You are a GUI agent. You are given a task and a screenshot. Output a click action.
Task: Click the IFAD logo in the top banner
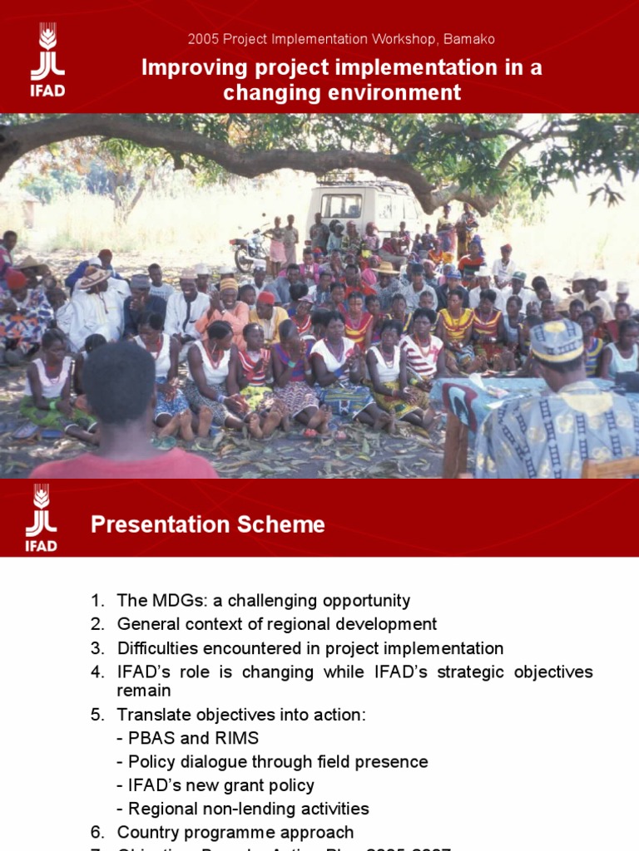pyautogui.click(x=47, y=61)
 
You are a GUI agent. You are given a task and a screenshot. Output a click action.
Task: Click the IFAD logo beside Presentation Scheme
pyautogui.click(x=41, y=519)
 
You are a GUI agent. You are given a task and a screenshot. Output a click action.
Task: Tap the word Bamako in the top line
pyautogui.click(x=468, y=39)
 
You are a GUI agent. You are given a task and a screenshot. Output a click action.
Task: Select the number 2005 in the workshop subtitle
pyautogui.click(x=202, y=39)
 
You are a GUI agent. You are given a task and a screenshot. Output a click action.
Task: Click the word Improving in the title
pyautogui.click(x=185, y=67)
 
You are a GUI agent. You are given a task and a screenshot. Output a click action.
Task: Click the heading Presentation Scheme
pyautogui.click(x=207, y=524)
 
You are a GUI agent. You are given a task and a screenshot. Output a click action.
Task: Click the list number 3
pyautogui.click(x=97, y=648)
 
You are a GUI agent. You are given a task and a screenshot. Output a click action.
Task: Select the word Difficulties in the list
pyautogui.click(x=159, y=648)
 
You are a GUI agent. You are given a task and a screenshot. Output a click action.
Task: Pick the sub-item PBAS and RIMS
pyautogui.click(x=193, y=738)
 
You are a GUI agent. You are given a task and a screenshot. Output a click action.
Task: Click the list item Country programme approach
pyautogui.click(x=235, y=832)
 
